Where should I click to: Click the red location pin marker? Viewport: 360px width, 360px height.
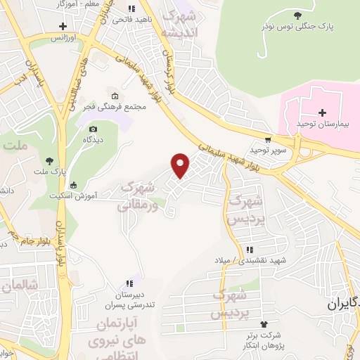(181, 165)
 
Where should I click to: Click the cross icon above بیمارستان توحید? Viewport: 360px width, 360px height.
(322, 112)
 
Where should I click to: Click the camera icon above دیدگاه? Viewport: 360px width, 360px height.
(93, 129)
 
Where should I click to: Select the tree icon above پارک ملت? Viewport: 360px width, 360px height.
(49, 160)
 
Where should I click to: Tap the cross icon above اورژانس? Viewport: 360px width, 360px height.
(64, 26)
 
